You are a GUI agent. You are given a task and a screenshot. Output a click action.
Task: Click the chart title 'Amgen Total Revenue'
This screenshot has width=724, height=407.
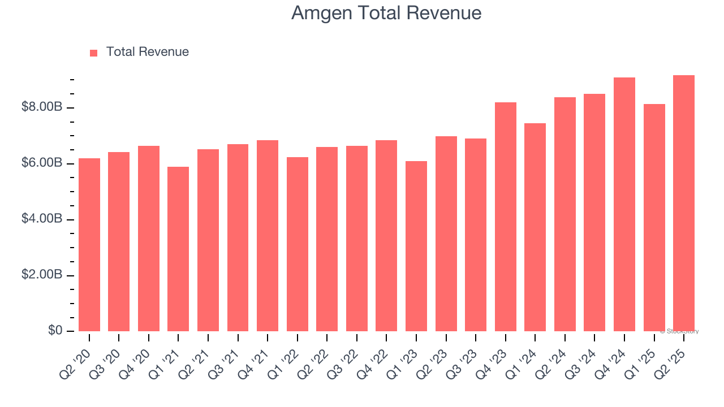(386, 13)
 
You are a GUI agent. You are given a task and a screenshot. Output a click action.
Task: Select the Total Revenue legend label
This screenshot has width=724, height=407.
(147, 52)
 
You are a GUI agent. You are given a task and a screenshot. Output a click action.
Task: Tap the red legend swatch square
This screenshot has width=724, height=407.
(94, 53)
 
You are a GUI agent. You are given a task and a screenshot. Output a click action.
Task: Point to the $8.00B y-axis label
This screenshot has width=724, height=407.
(42, 107)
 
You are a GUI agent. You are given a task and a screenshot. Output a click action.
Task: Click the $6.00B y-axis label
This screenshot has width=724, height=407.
(42, 163)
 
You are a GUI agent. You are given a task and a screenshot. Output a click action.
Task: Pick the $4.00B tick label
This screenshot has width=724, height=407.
(42, 219)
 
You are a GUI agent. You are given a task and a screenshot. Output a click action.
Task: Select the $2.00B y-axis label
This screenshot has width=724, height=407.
(42, 275)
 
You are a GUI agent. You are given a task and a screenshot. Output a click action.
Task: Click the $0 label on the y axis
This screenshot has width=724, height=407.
(55, 330)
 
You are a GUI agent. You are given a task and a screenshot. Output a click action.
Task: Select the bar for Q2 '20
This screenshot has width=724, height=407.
(89, 245)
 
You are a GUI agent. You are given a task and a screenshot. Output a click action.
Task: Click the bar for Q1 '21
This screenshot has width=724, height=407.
(178, 249)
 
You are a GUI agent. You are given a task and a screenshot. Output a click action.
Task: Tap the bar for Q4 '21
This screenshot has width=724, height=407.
(268, 236)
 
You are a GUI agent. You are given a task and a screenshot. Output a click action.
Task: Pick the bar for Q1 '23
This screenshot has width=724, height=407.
(416, 246)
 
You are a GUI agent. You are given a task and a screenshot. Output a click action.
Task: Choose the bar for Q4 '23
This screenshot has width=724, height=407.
(505, 217)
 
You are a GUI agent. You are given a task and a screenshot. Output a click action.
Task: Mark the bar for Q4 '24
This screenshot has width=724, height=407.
(624, 204)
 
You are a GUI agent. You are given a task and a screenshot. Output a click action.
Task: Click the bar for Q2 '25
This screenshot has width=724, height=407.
(683, 203)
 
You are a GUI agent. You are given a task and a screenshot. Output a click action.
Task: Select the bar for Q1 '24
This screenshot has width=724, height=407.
(535, 227)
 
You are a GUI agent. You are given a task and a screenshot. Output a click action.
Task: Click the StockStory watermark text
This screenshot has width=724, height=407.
(679, 331)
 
